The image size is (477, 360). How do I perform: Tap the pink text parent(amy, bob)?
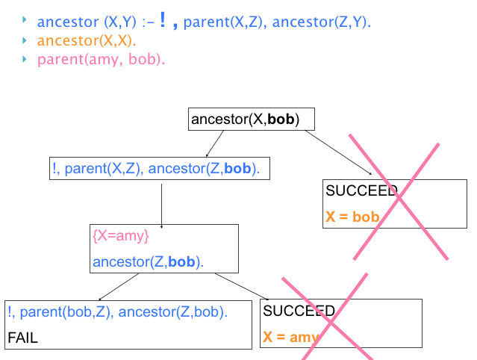[101, 59]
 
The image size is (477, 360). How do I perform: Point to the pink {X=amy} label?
[121, 237]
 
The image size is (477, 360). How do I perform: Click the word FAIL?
[22, 338]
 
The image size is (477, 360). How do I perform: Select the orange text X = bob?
[352, 217]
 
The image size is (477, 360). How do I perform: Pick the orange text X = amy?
[290, 338]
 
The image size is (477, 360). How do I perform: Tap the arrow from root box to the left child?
[214, 143]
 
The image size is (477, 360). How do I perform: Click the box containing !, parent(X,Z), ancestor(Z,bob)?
[157, 169]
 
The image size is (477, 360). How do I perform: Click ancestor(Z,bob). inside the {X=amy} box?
[149, 262]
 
